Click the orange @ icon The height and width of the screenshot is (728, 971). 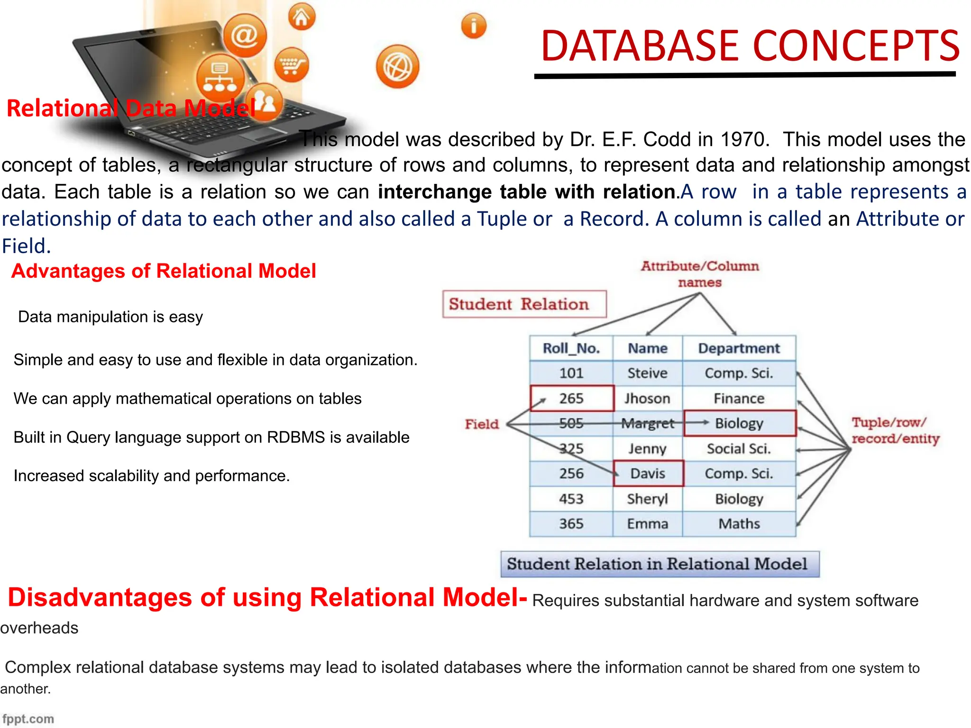click(245, 36)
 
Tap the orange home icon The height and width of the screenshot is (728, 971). click(302, 17)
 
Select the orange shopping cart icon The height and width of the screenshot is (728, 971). click(291, 64)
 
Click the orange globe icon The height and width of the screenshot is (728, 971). click(397, 67)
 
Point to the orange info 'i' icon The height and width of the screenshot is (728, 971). click(474, 26)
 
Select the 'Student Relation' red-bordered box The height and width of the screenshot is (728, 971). click(524, 304)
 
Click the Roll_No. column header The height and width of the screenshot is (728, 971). click(571, 348)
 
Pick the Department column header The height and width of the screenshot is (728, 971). click(739, 348)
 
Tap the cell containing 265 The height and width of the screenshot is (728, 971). click(571, 398)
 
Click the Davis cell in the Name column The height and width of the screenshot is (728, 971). click(648, 473)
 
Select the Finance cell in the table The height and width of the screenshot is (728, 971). click(739, 398)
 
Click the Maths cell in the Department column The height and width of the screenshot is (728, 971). click(739, 524)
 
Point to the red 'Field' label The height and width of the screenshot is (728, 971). click(482, 424)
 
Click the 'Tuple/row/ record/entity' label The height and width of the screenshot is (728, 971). click(895, 430)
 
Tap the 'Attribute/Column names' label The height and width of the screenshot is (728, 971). click(700, 274)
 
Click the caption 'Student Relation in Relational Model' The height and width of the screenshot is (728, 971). click(659, 564)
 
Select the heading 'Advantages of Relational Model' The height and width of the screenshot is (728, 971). click(164, 271)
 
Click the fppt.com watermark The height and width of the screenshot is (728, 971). click(28, 719)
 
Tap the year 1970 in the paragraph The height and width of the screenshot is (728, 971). click(742, 139)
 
